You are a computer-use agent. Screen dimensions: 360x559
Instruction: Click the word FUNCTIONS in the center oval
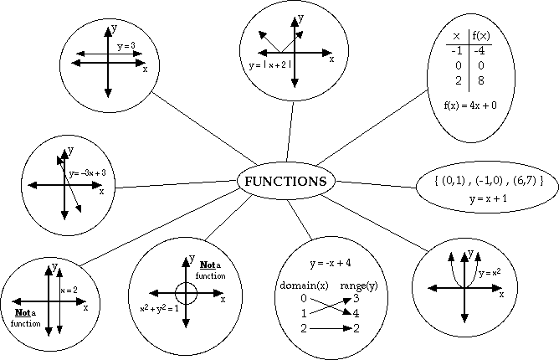(285, 182)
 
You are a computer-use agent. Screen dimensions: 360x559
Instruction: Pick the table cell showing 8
(480, 81)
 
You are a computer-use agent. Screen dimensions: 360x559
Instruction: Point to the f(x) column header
(480, 36)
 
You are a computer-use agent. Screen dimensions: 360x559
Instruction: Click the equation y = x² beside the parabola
(490, 273)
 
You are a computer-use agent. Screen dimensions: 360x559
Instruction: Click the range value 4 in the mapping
(357, 313)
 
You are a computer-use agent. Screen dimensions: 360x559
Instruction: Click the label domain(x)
(299, 285)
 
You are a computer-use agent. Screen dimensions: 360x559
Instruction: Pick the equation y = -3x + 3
(87, 173)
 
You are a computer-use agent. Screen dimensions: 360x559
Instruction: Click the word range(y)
(357, 285)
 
